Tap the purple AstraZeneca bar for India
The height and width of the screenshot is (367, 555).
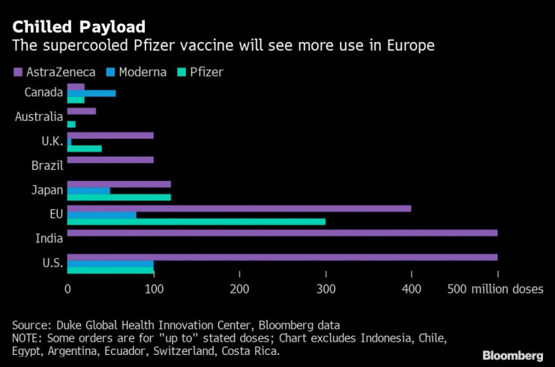(x=282, y=233)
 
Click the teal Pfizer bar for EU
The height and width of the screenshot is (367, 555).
(x=196, y=222)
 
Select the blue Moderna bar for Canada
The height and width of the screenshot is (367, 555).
(x=91, y=93)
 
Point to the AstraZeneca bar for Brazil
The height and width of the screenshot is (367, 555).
(x=110, y=160)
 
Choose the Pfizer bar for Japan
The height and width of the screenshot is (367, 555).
(x=119, y=197)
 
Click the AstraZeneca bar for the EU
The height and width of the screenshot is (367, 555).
(x=239, y=208)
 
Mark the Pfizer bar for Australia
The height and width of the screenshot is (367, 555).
(x=71, y=124)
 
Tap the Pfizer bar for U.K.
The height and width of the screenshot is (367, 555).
(x=85, y=149)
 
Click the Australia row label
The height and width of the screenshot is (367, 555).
(x=39, y=117)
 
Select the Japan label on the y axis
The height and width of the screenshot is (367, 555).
(x=46, y=190)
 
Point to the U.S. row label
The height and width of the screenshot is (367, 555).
(x=49, y=263)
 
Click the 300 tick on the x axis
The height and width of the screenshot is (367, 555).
(x=325, y=289)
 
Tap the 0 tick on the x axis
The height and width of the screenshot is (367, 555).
(x=67, y=289)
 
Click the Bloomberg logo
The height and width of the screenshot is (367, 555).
(x=512, y=354)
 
